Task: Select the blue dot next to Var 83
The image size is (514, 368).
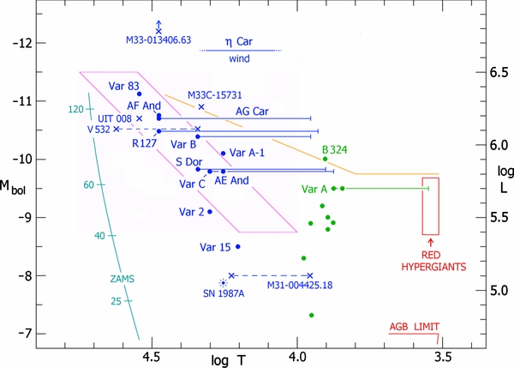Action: click(x=140, y=94)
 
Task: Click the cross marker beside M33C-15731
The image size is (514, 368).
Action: click(x=201, y=107)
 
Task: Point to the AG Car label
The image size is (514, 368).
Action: click(x=254, y=111)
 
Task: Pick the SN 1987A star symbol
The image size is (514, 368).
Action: click(x=224, y=281)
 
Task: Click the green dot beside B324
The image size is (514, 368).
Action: click(x=325, y=159)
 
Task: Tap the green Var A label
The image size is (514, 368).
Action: click(x=314, y=189)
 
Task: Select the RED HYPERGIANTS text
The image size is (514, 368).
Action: click(x=430, y=262)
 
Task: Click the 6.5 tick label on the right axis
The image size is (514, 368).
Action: click(x=494, y=73)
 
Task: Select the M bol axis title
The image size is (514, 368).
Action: click(x=16, y=165)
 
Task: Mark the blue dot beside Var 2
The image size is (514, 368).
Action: click(x=210, y=211)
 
